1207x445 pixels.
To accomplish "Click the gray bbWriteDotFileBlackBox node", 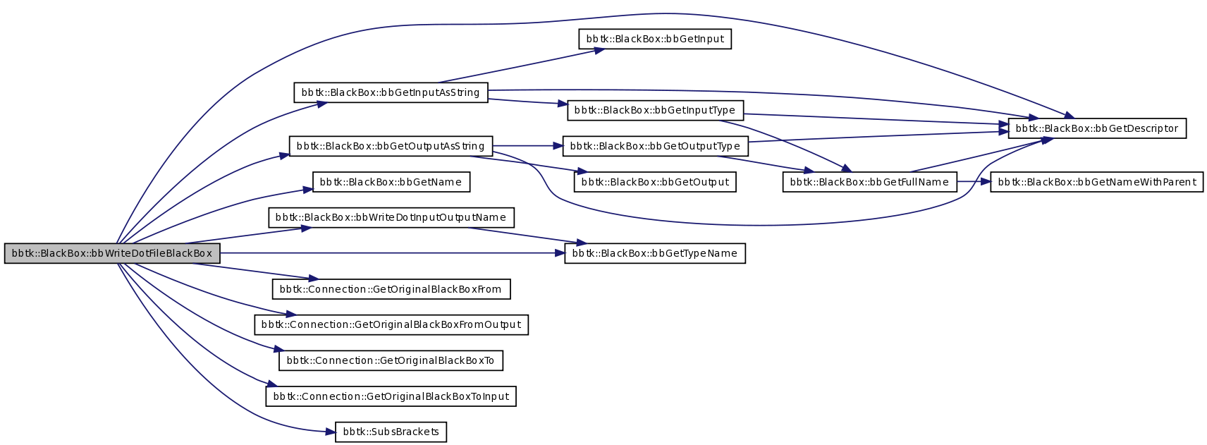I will (112, 253).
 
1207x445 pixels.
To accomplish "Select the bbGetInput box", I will (655, 39).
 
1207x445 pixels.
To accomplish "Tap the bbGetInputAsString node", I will (391, 92).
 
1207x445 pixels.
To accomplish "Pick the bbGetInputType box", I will (655, 110).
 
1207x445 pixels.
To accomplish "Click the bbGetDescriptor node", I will (1097, 128).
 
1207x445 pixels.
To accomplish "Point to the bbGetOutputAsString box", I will (391, 146).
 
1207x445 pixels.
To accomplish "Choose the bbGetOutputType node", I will (655, 146).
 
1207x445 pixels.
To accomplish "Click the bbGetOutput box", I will (655, 182).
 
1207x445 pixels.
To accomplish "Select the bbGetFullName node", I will (869, 182).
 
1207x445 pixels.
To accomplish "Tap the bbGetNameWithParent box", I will (1096, 182).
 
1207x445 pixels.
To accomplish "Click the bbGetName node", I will (391, 182).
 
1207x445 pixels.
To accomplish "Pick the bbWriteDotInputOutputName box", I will (391, 217).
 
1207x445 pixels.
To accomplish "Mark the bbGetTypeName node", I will (655, 253).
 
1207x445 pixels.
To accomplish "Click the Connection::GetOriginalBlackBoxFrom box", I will (391, 289).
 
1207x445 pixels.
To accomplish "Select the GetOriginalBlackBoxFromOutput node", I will (391, 324).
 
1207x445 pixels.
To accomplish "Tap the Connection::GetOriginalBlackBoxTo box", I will (391, 360).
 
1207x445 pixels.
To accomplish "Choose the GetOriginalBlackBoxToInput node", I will (391, 396).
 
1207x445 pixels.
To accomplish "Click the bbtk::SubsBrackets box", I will (391, 432).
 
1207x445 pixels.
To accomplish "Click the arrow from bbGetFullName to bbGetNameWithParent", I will (974, 181).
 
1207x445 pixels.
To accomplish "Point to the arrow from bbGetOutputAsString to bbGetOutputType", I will (527, 146).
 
